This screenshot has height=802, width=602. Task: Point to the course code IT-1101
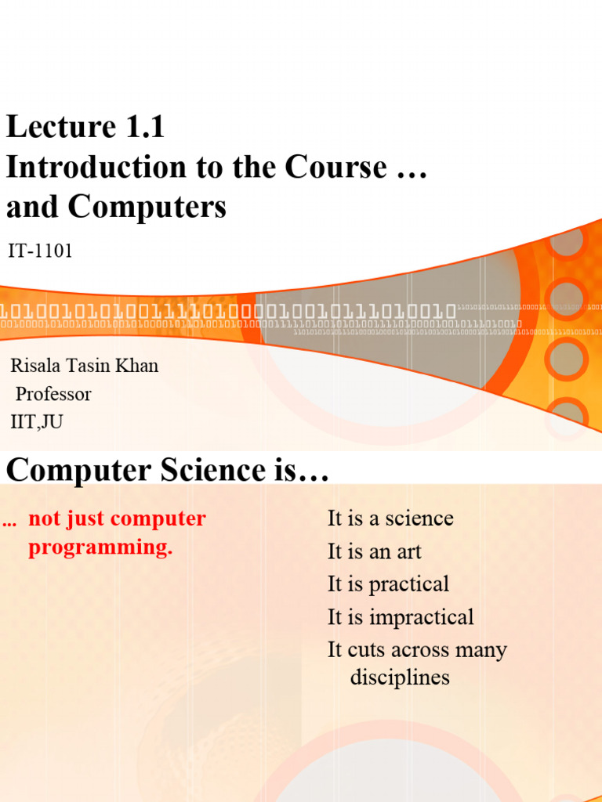pos(40,251)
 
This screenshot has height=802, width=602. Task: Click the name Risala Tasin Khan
pos(84,366)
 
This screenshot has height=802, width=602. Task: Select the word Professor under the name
pos(53,394)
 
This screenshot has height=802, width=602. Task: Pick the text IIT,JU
pos(37,422)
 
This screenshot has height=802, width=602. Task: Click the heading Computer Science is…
pos(166,471)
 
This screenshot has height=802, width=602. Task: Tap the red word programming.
pos(100,547)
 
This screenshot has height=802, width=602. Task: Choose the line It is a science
pos(390,518)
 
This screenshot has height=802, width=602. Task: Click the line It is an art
pos(375,551)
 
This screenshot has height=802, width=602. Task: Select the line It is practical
pos(388,584)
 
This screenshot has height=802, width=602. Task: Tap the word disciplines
pos(400,677)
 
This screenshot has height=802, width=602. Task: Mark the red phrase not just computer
pos(117,518)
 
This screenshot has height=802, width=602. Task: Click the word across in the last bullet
pos(411,650)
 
